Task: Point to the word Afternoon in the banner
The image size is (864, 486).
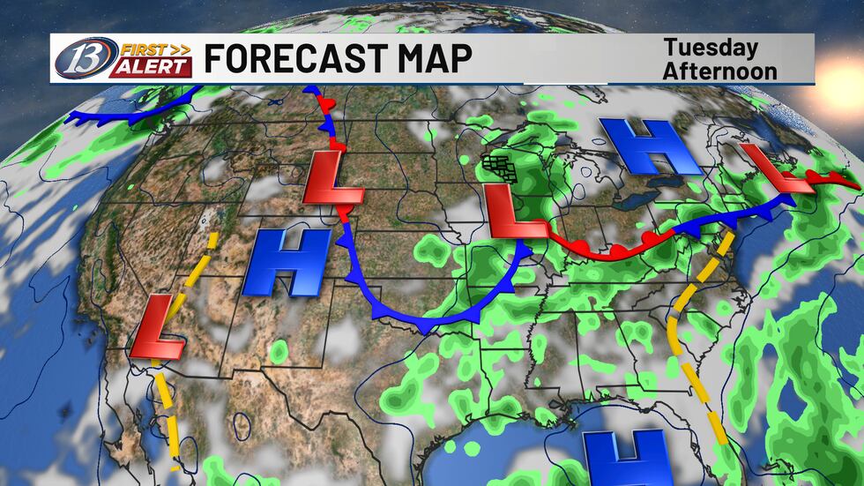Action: tap(719, 71)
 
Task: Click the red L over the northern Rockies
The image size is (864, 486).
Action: tap(331, 179)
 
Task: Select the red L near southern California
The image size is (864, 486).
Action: tap(157, 328)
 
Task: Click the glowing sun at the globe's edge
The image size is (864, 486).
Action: tap(842, 66)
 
